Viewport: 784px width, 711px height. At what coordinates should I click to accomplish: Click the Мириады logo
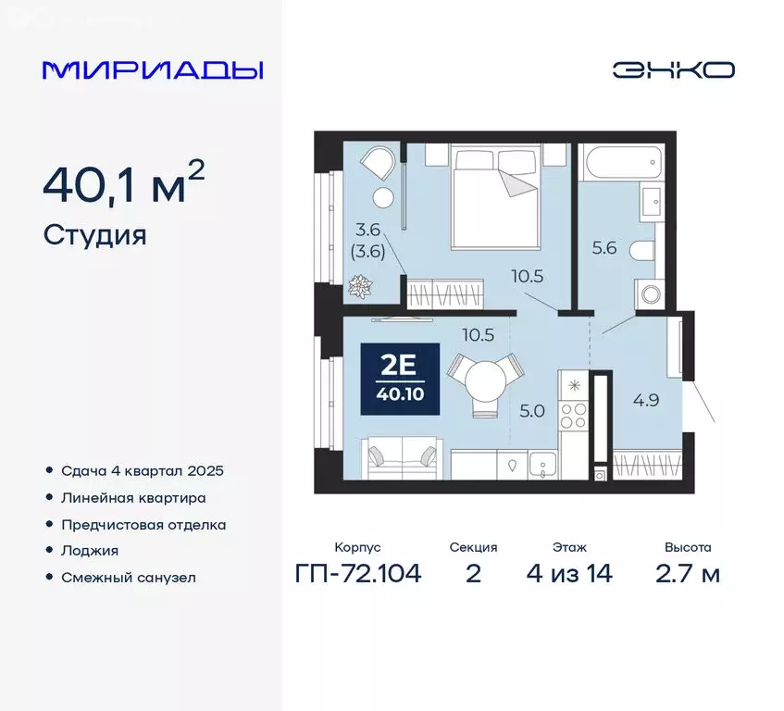tap(153, 70)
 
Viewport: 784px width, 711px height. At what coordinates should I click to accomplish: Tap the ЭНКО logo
tap(674, 70)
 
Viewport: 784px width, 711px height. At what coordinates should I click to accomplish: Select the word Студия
tap(94, 235)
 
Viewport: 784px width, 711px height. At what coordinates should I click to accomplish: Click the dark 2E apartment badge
tap(399, 380)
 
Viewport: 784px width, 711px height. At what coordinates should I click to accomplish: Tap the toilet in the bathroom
tap(642, 250)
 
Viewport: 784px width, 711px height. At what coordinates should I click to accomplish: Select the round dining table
tap(486, 378)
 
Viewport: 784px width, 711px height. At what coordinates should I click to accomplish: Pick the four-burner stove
tap(575, 415)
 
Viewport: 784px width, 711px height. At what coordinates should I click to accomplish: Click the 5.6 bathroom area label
tap(604, 247)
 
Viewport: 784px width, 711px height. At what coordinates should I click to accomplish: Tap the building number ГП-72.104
tap(358, 574)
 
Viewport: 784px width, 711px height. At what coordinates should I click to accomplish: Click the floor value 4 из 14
tap(568, 574)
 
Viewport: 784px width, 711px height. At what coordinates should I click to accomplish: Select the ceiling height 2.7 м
tap(687, 574)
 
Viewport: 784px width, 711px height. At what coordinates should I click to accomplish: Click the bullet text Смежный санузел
tap(129, 577)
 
